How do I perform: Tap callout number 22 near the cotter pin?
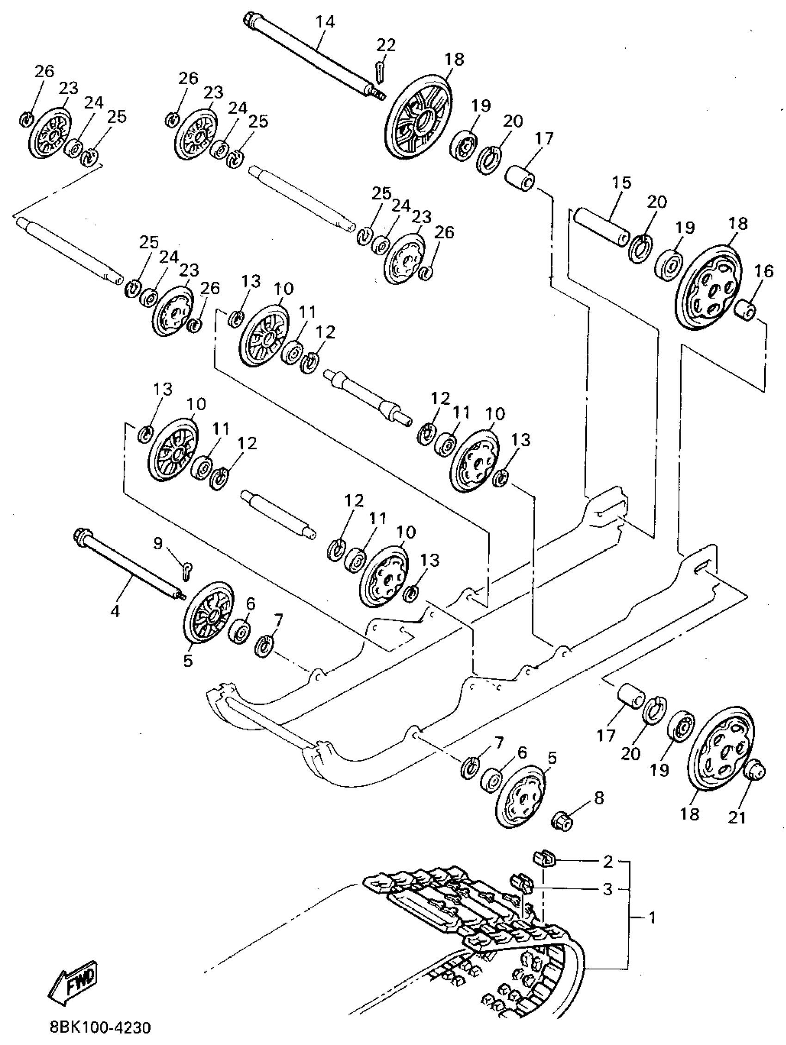coord(386,45)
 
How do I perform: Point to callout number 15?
coord(621,183)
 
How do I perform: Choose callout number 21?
coord(736,817)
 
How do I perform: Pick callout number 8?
coord(598,798)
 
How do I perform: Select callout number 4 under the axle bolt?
coord(115,611)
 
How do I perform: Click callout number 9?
coord(158,544)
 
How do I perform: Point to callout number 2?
coord(608,862)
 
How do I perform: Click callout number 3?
coord(608,889)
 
